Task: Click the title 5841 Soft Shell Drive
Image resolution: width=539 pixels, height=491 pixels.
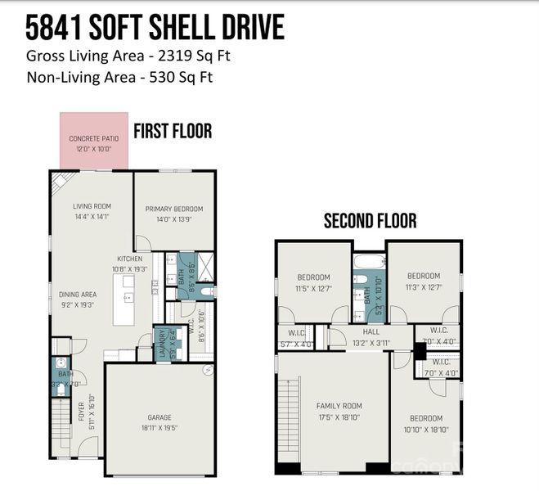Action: click(x=155, y=28)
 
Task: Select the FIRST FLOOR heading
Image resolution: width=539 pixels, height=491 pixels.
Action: click(x=173, y=131)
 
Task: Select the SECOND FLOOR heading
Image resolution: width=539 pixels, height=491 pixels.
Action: click(x=370, y=221)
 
